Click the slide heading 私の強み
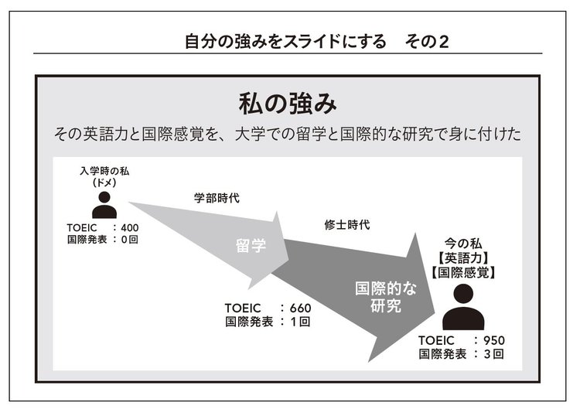point(288,104)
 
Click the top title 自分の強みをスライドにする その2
point(317,42)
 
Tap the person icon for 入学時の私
point(104,204)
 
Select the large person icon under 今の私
point(463,307)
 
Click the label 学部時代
point(217,198)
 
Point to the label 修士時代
point(347,224)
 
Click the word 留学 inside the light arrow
point(251,246)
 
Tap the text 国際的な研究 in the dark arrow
point(386,297)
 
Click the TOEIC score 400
point(129,228)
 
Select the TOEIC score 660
point(300,308)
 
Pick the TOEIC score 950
point(494,340)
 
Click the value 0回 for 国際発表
point(129,240)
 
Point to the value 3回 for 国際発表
point(494,354)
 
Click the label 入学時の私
point(104,171)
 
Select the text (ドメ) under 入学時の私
point(104,182)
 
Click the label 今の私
point(463,244)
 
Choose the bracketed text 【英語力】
point(463,258)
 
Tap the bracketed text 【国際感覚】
point(463,273)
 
